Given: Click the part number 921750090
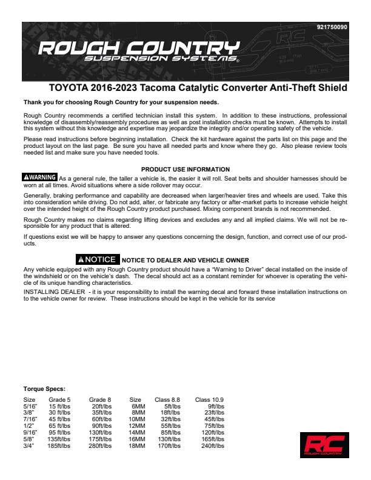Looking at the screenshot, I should point(332,27).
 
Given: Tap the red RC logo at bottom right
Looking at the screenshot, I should point(324,445).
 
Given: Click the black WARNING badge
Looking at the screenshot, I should point(39,178).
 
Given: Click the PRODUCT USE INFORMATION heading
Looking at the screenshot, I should point(185,169).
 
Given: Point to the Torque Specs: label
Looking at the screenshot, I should point(44,388).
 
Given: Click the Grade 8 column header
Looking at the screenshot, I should point(100,400).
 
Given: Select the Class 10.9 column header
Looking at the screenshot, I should point(209,400).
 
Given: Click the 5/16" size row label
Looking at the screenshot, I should point(30,406).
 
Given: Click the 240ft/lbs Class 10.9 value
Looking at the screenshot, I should point(213,445).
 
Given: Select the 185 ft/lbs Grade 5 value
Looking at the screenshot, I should point(59,445).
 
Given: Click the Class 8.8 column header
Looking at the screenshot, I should point(167,400).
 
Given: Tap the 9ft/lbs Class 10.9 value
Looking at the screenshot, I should point(216,406).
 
